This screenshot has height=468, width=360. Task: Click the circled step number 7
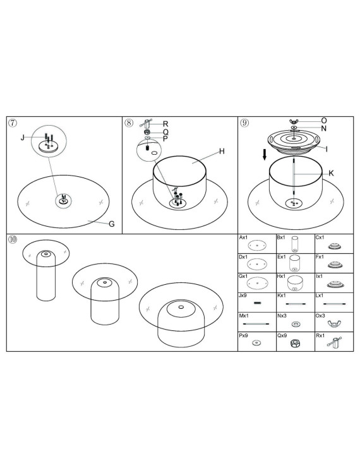(12, 123)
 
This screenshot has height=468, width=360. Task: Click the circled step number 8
(129, 123)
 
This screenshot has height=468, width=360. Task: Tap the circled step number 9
(244, 123)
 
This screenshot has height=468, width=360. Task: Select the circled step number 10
(13, 239)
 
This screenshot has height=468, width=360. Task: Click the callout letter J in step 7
(22, 138)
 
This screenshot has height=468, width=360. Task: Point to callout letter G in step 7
(112, 224)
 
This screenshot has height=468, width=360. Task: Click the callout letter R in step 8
(165, 124)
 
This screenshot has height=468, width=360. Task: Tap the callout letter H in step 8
(222, 152)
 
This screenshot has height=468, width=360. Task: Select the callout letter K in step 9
(331, 173)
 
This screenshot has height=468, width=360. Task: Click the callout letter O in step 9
(324, 120)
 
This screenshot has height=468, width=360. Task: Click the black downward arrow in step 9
(265, 155)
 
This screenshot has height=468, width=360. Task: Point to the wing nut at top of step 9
(294, 121)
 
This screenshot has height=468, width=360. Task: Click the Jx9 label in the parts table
(243, 296)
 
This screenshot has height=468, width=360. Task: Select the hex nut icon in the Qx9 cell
(295, 343)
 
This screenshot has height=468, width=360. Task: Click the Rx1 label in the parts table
(320, 335)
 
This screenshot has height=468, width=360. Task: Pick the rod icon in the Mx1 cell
(256, 324)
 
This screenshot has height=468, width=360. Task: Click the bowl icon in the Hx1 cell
(295, 283)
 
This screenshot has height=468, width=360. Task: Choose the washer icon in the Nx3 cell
(296, 324)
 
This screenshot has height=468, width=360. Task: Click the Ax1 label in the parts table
(243, 237)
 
